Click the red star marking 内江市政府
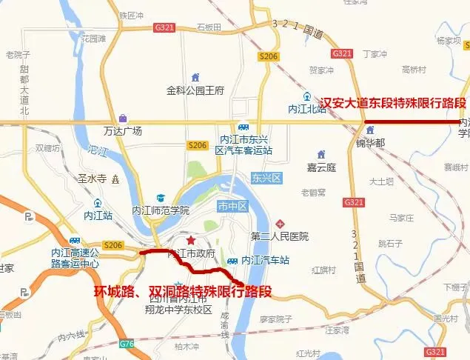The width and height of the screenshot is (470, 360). (x=191, y=240)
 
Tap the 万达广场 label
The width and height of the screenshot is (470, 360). (x=123, y=131)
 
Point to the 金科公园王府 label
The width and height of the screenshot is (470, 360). (x=195, y=91)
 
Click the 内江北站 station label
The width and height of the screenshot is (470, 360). (x=307, y=109)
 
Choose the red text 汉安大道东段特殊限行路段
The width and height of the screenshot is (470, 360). (x=392, y=102)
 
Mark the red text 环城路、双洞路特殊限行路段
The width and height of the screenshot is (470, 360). (x=182, y=291)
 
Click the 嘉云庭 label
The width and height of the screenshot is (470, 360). (x=321, y=167)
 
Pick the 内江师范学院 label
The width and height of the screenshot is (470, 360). (x=161, y=210)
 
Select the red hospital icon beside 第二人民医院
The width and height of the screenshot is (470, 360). (x=280, y=224)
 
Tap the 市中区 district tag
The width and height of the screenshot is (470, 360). (x=231, y=205)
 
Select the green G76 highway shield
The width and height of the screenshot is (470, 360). (x=127, y=343)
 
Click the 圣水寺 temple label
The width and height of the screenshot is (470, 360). (x=93, y=179)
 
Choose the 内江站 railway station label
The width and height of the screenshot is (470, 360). (x=98, y=216)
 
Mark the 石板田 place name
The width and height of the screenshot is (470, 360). (x=209, y=27)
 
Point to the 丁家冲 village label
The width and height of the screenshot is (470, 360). (x=375, y=53)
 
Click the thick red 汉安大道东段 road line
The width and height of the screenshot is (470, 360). (x=406, y=121)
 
